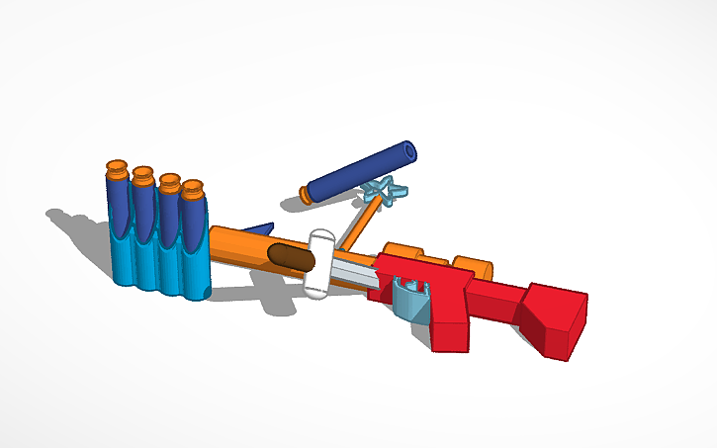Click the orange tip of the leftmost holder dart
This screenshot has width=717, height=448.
[x=117, y=168]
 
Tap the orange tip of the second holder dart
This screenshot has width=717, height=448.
[x=142, y=176]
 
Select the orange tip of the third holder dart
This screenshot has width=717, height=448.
[x=169, y=183]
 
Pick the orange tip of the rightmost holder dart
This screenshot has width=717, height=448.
[x=193, y=188]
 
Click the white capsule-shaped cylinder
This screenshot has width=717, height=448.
[x=319, y=264]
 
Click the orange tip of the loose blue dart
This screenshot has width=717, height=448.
[x=307, y=195]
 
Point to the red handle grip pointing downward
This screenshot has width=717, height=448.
[x=450, y=321]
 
